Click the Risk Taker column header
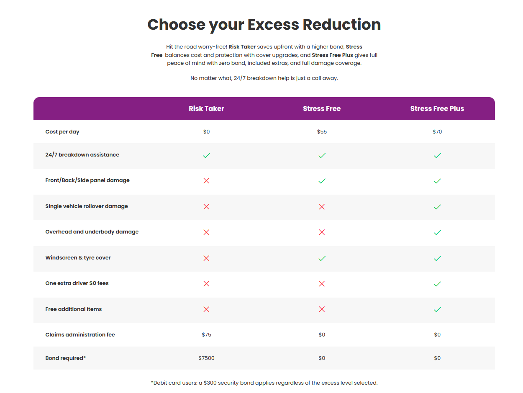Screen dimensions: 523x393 point(206,109)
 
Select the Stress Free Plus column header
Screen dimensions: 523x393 point(437,109)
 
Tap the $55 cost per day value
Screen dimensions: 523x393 point(322,132)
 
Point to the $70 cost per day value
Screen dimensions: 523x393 point(437,132)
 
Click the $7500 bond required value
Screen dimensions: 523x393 point(206,358)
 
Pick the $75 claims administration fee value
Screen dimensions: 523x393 point(206,334)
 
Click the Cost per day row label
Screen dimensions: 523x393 point(62,132)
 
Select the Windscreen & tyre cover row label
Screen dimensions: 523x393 point(78,258)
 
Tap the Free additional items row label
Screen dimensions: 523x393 point(73,309)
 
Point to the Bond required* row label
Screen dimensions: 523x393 point(66,358)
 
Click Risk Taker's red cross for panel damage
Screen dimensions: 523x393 point(206,181)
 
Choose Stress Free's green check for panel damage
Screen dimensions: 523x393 point(322,181)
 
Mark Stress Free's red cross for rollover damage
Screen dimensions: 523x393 point(322,207)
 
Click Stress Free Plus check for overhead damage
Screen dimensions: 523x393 point(437,232)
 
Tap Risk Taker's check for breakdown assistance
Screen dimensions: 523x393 point(207,155)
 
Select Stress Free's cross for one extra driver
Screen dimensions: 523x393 point(322,284)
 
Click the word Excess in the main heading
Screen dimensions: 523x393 point(273,25)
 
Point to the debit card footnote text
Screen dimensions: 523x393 point(264,383)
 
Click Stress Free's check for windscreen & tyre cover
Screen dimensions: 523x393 point(322,258)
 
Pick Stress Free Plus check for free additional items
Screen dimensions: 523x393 point(437,310)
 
